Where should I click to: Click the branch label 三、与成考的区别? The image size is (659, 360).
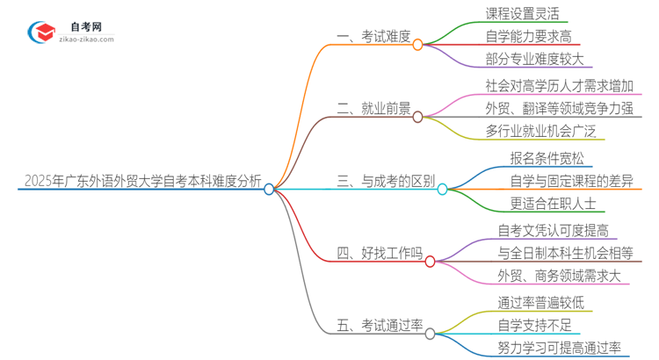coord(386,182)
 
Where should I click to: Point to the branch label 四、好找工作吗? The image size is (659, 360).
coord(380,255)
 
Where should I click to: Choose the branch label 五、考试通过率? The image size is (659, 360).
coord(380,327)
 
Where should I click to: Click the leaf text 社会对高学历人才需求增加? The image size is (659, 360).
coord(559,86)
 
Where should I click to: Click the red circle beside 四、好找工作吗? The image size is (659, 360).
coord(430,262)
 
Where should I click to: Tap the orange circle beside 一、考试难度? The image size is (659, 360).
coord(418,44)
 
